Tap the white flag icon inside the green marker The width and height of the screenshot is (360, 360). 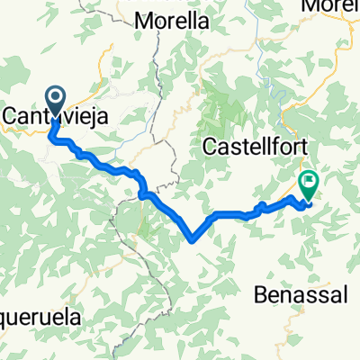pos(309,182)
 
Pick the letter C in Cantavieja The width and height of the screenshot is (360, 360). pos(11,116)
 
